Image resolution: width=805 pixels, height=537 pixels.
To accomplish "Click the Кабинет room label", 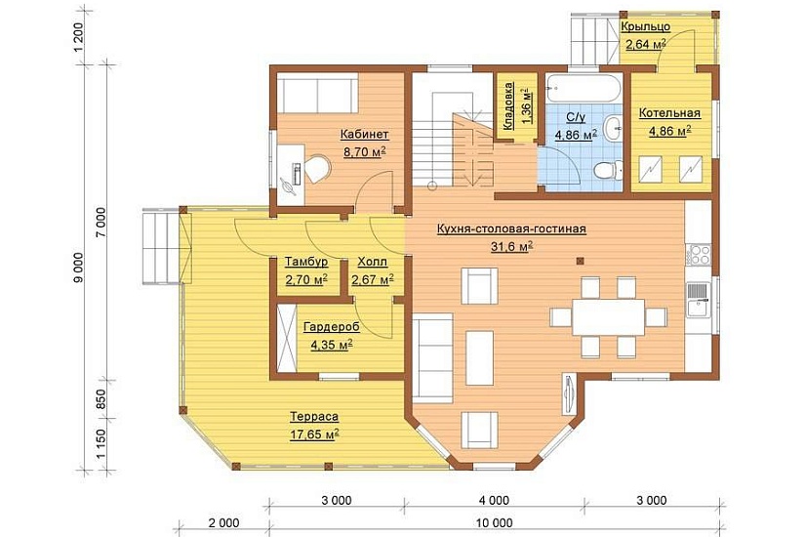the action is tap(365, 134).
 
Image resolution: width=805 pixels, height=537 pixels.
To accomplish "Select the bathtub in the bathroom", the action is tap(584, 90).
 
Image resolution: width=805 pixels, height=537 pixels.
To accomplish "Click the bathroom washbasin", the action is tap(613, 128).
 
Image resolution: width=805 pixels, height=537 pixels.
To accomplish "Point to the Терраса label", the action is tap(314, 416).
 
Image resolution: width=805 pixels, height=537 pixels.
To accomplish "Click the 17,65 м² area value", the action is tap(314, 434).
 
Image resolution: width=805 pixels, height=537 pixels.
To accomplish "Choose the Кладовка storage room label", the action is tap(508, 106).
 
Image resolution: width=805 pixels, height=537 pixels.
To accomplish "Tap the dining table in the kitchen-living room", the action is tap(608, 317).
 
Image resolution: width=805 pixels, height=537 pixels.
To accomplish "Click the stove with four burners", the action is tap(699, 256).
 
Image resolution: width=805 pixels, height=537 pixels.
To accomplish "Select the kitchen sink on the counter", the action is tap(699, 300).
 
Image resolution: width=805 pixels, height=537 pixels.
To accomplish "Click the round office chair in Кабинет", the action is tap(319, 169).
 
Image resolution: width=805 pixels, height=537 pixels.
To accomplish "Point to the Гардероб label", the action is tap(332, 327).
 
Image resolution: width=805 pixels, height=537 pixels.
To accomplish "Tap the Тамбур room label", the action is tap(306, 262).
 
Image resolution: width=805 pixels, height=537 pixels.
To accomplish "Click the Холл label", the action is tap(372, 262).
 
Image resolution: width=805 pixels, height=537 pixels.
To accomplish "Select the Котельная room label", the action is tap(669, 113).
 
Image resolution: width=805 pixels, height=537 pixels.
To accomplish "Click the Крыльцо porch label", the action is tap(645, 26).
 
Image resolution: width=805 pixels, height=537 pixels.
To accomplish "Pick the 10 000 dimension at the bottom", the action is tap(495, 523).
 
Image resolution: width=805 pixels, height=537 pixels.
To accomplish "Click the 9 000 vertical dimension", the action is tap(79, 268).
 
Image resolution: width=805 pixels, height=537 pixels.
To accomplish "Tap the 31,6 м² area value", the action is tap(511, 247).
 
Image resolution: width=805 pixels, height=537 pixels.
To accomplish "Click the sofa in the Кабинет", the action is tap(318, 93).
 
